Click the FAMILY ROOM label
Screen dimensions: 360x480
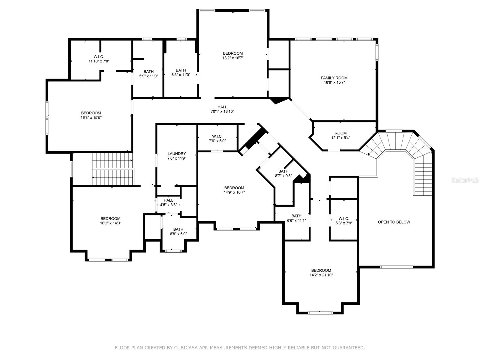click(x=334, y=78)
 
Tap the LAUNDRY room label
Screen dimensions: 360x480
click(x=177, y=154)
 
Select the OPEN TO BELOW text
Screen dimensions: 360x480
click(x=394, y=222)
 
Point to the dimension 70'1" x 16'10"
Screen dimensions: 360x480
click(x=222, y=112)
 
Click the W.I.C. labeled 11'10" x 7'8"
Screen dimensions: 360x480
click(x=99, y=58)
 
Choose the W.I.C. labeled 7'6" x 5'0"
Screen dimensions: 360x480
click(x=217, y=138)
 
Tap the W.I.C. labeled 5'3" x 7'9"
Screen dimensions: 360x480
click(x=343, y=221)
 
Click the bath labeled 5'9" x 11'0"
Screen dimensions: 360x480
click(x=148, y=74)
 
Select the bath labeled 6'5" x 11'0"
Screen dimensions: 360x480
click(x=181, y=72)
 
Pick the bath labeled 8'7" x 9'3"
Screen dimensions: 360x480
click(x=283, y=174)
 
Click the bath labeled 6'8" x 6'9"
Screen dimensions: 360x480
click(x=178, y=232)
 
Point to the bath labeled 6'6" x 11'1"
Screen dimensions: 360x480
click(x=296, y=218)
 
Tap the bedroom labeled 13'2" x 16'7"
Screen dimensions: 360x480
click(x=233, y=55)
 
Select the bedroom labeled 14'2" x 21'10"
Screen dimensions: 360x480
click(x=321, y=272)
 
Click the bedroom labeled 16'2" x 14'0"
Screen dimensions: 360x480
click(x=110, y=221)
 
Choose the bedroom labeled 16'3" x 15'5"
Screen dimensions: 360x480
click(x=91, y=115)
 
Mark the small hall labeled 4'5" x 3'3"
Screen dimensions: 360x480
click(x=168, y=202)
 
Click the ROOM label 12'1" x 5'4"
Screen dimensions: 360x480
click(x=340, y=135)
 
